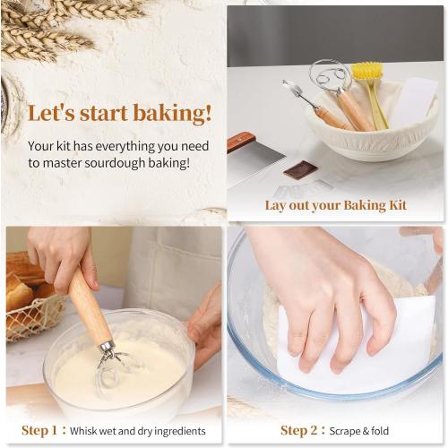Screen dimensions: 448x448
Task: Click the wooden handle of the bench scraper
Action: tap(241, 140)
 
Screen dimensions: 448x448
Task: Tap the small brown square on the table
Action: tap(300, 168)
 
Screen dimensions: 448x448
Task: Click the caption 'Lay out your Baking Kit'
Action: tap(335, 205)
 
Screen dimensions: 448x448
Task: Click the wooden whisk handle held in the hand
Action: tap(90, 309)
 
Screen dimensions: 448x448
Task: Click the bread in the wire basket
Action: tap(20, 288)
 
